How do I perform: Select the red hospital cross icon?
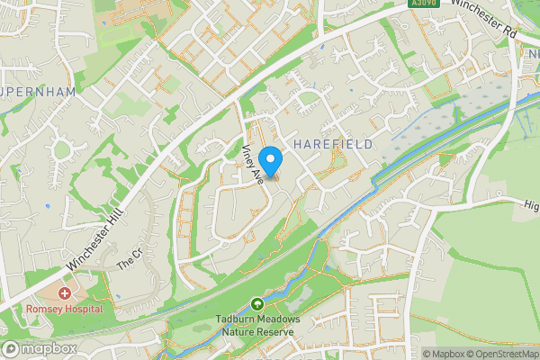click(x=64, y=294)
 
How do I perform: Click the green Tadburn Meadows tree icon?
click(x=257, y=305)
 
